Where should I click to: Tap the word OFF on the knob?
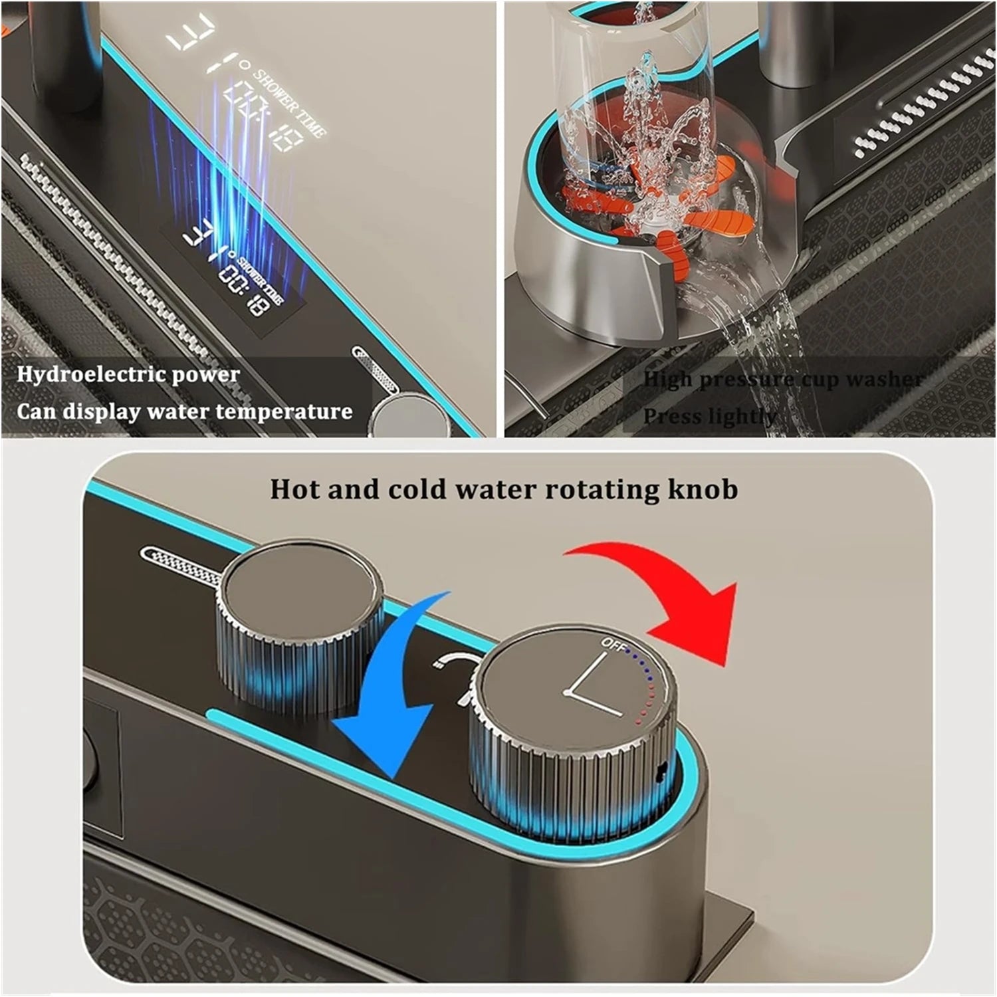[612, 643]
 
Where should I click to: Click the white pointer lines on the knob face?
[592, 685]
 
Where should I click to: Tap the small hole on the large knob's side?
[661, 771]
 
